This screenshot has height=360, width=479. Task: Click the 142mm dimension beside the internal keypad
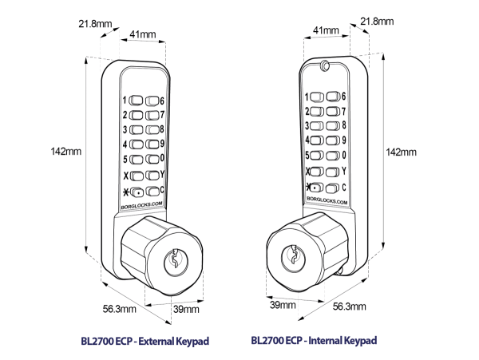400,151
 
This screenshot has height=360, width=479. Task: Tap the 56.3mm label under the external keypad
118,307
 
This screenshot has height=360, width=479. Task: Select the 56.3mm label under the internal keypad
349,307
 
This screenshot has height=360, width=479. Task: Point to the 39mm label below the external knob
186,309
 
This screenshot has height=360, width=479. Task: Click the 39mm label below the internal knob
283,304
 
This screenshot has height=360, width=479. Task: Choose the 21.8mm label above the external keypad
95,24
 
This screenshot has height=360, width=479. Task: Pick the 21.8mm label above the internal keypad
378,21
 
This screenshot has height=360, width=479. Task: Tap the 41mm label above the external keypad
143,36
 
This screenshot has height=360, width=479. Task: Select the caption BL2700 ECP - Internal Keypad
314,341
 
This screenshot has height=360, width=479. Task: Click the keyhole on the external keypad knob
173,259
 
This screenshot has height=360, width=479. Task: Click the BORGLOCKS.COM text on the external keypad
141,204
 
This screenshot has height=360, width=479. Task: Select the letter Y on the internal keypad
343,170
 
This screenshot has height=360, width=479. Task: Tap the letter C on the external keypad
162,189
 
